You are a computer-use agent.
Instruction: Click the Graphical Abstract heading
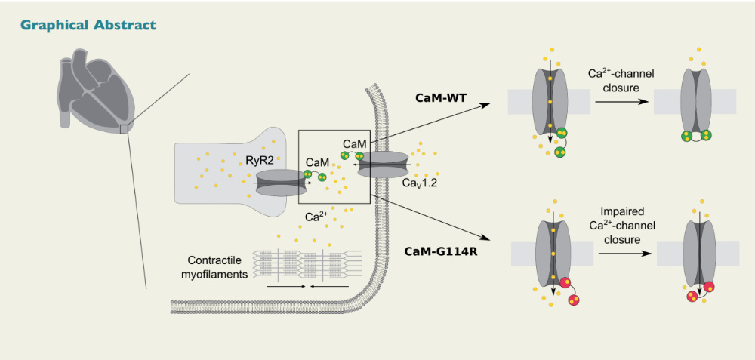coord(88,25)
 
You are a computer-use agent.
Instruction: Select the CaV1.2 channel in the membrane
coord(383,164)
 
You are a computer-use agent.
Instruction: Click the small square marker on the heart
coord(125,129)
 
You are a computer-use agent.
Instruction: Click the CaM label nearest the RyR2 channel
coord(316,162)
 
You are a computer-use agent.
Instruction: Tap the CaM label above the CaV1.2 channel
coord(353,143)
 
